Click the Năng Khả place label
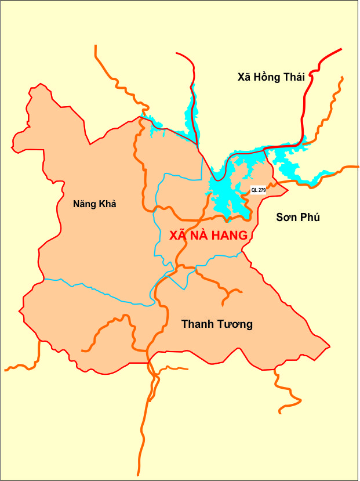pyautogui.click(x=94, y=204)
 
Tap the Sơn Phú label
pyautogui.click(x=298, y=217)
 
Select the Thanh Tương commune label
pyautogui.click(x=217, y=324)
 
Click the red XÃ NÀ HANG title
pyautogui.click(x=209, y=235)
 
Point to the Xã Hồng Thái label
pyautogui.click(x=271, y=77)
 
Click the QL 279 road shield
pyautogui.click(x=258, y=190)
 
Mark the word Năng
pyautogui.click(x=84, y=204)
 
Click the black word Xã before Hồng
pyautogui.click(x=243, y=77)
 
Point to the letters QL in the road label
pyautogui.click(x=254, y=190)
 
